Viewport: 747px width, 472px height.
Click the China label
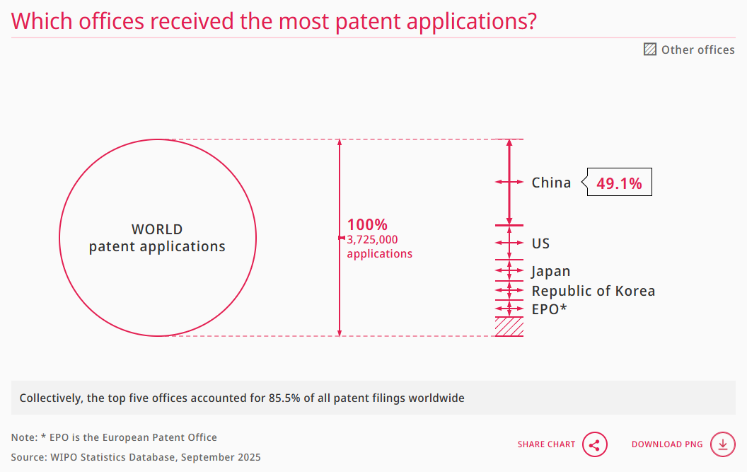coord(551,183)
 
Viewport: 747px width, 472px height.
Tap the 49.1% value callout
coord(619,183)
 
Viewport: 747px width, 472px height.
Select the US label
coord(540,243)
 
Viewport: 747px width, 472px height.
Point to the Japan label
coord(551,271)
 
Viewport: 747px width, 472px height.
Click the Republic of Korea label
coord(593,291)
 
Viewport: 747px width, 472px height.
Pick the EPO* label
coord(550,309)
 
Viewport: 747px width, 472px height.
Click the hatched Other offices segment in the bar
coord(509,327)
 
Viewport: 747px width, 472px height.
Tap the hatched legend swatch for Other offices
coord(650,49)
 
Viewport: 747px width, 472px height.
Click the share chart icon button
coord(594,445)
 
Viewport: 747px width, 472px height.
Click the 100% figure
coord(367,224)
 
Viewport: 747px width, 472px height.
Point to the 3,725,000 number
coord(372,240)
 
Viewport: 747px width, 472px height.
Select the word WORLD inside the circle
coord(157,229)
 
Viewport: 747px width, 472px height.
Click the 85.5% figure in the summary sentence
coord(284,398)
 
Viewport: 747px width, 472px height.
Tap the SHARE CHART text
coord(546,444)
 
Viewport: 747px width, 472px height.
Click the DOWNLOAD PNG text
coord(667,444)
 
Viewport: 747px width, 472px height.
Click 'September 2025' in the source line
coord(221,458)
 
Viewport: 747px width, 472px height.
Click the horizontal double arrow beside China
coord(509,182)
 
